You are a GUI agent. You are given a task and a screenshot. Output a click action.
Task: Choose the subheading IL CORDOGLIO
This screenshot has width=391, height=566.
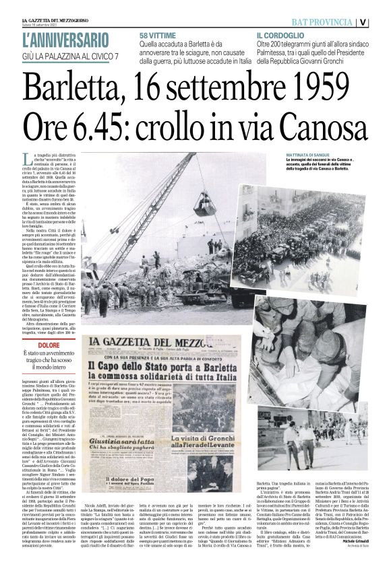click(280, 34)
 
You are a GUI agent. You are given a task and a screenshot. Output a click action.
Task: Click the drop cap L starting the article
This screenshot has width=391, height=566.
click(44, 159)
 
